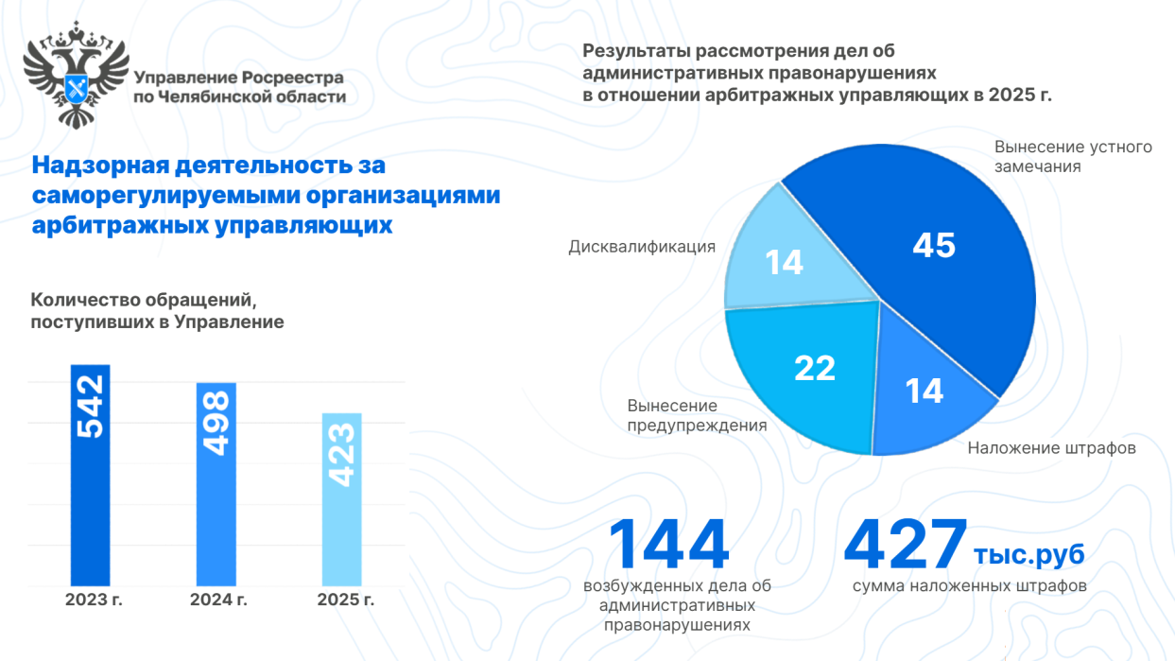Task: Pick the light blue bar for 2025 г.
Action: [x=341, y=530]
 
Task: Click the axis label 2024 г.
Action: [x=218, y=600]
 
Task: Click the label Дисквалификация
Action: [x=642, y=247]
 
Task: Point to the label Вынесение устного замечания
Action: [x=1073, y=157]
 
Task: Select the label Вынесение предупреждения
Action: [x=697, y=415]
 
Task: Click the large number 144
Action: [x=667, y=547]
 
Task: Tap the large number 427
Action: [x=906, y=547]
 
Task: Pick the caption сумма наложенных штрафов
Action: [x=969, y=586]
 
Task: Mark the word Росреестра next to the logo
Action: [x=293, y=78]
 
